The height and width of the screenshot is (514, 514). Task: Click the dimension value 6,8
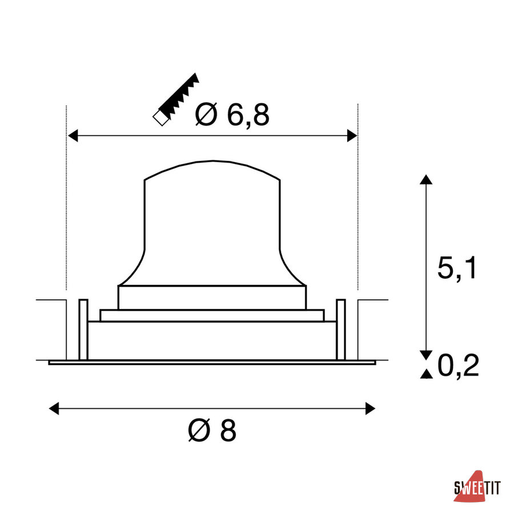pos(248,115)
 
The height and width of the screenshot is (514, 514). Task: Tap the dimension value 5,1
pos(457,268)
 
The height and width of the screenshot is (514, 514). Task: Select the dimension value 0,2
pos(458,365)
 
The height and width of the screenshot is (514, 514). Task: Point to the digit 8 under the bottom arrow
pos(228,430)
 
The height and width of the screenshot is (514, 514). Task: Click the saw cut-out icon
pos(176,99)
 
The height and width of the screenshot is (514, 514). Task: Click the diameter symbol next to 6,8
pos(206,114)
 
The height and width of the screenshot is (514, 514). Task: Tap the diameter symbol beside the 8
pos(199,430)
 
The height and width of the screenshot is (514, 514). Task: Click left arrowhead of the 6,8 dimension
pos(73,135)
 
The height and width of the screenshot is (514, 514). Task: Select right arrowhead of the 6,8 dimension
pos(352,135)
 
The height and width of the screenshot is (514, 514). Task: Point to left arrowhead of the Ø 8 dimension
pos(54,408)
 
